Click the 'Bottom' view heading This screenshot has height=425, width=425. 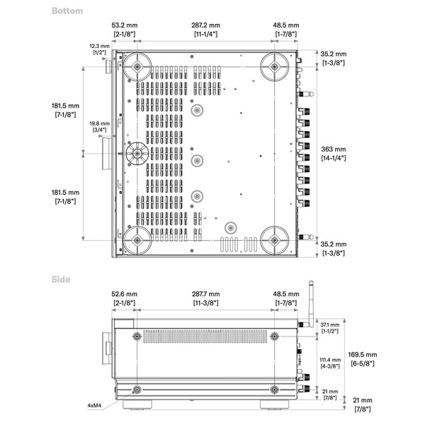(67, 11)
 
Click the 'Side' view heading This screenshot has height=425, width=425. (61, 280)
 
